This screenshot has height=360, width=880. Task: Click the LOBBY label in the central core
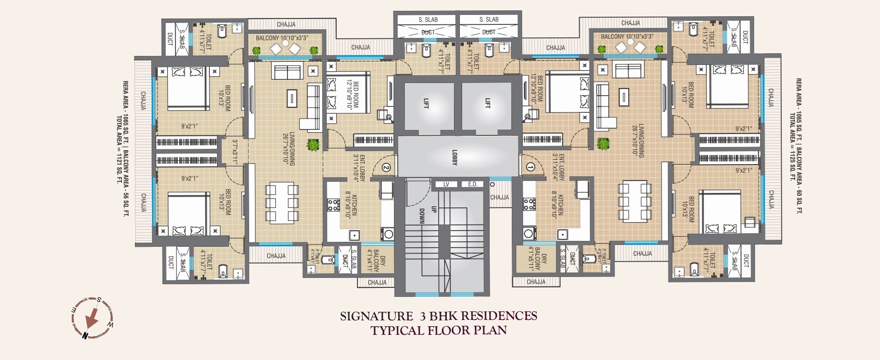pyautogui.click(x=454, y=157)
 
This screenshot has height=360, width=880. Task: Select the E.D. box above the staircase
pyautogui.click(x=472, y=184)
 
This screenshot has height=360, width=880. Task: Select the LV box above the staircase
pyautogui.click(x=446, y=184)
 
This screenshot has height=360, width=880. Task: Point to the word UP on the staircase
pyautogui.click(x=434, y=209)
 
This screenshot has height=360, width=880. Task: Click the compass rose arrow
pyautogui.click(x=92, y=318)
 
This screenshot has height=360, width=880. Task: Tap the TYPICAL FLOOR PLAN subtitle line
pyautogui.click(x=439, y=331)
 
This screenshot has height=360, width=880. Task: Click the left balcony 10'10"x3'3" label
pyautogui.click(x=282, y=38)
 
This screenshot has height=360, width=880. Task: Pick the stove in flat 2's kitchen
pyautogui.click(x=333, y=205)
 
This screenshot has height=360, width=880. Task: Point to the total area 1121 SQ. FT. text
pyautogui.click(x=120, y=149)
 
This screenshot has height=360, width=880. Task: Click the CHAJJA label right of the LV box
pyautogui.click(x=500, y=197)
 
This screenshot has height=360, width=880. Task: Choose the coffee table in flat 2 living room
pyautogui.click(x=292, y=97)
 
